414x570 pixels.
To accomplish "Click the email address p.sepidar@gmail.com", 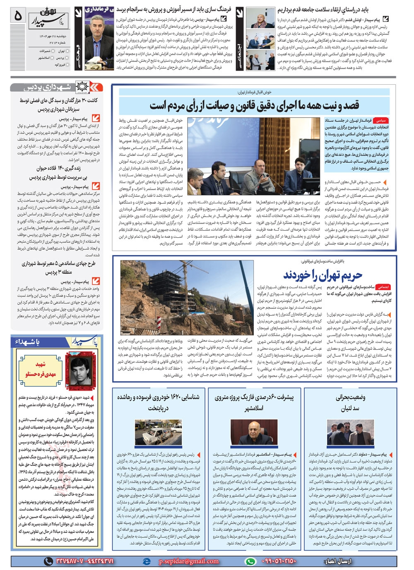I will coord(188,561).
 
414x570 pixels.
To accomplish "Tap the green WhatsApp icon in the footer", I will coord(250,561).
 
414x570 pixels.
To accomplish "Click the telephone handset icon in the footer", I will coord(48,561).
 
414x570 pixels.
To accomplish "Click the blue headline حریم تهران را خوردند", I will coord(323,274).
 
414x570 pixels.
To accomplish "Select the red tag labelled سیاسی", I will coord(380,121).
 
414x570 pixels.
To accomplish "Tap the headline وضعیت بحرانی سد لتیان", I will coord(350,403).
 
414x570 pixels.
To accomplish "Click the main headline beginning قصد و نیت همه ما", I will coord(254,105).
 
